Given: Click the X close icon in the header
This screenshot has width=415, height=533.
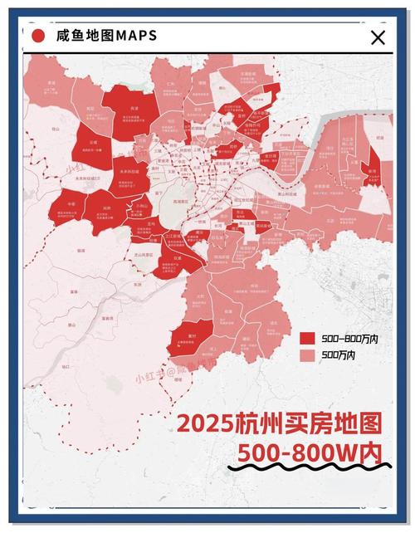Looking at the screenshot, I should [378, 37].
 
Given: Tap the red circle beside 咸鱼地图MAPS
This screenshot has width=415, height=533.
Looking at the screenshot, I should [37, 36].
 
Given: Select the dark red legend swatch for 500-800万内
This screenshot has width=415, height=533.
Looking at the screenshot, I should [307, 339].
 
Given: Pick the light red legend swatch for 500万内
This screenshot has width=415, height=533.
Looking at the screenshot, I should [307, 355].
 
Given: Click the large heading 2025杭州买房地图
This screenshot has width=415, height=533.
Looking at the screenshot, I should [279, 423].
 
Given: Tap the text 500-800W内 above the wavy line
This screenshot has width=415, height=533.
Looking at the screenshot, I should [309, 453].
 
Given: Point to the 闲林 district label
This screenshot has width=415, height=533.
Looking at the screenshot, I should [106, 208].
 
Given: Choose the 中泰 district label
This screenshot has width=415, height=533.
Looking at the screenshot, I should [73, 203].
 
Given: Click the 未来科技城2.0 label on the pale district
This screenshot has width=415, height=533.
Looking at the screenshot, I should [87, 178].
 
